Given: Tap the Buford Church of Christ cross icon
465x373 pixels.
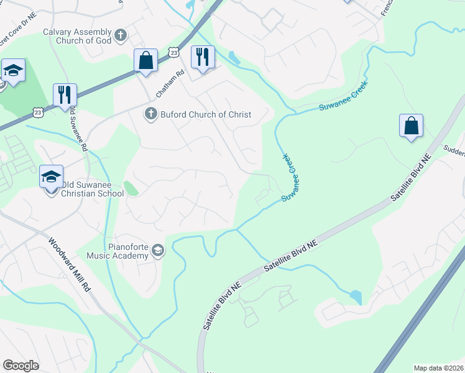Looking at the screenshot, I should [x=150, y=114].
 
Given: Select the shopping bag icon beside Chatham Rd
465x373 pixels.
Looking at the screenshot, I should [x=146, y=61].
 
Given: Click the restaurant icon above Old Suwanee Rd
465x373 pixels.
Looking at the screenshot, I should [x=65, y=95].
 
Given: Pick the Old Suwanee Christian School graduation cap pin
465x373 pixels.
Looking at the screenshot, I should [x=51, y=177].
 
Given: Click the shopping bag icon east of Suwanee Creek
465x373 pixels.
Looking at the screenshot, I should [x=411, y=126].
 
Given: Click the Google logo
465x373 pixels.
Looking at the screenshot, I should [x=21, y=366].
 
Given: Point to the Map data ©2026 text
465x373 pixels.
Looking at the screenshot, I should [x=438, y=368].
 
